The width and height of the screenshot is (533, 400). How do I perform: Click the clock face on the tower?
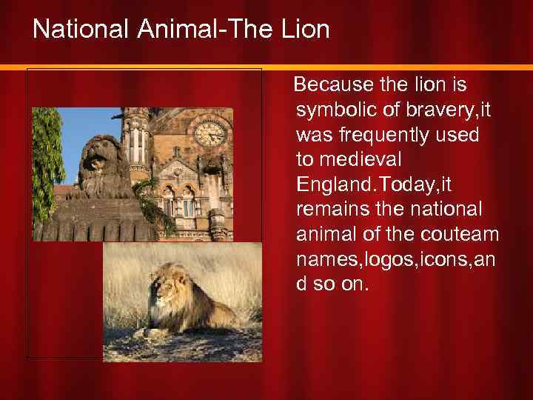coord(209,133)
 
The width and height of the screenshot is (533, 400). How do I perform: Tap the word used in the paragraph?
coord(458,136)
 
